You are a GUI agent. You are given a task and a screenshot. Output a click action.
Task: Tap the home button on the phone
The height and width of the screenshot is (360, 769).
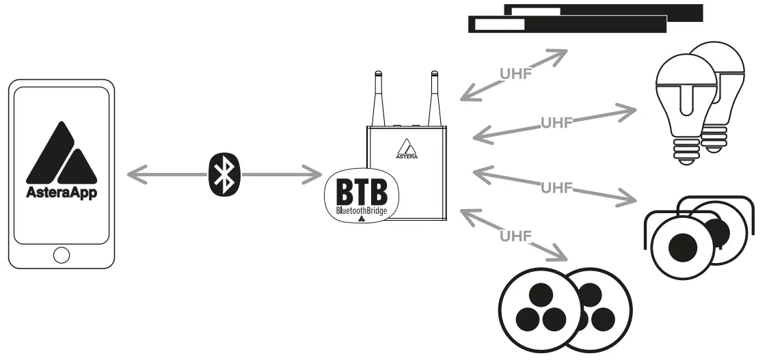point(62,255)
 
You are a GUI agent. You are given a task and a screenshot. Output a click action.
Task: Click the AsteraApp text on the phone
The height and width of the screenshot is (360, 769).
point(62,193)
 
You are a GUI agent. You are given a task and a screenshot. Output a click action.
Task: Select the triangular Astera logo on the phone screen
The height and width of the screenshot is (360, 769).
point(62,152)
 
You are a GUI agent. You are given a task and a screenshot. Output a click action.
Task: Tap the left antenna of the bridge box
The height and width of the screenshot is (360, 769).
point(378,99)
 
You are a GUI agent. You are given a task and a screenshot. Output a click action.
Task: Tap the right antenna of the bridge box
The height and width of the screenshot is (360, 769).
point(432,99)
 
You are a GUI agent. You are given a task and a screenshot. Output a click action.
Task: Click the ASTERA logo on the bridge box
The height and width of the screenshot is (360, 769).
point(407,149)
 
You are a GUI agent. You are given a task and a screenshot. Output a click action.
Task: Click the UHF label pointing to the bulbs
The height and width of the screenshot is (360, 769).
point(555,123)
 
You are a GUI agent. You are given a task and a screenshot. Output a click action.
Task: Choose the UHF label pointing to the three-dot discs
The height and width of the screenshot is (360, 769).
point(515,236)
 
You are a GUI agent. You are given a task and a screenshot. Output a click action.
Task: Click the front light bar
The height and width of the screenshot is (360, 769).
point(567,25)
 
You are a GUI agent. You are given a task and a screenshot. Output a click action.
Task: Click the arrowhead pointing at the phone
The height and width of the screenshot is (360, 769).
point(135,176)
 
